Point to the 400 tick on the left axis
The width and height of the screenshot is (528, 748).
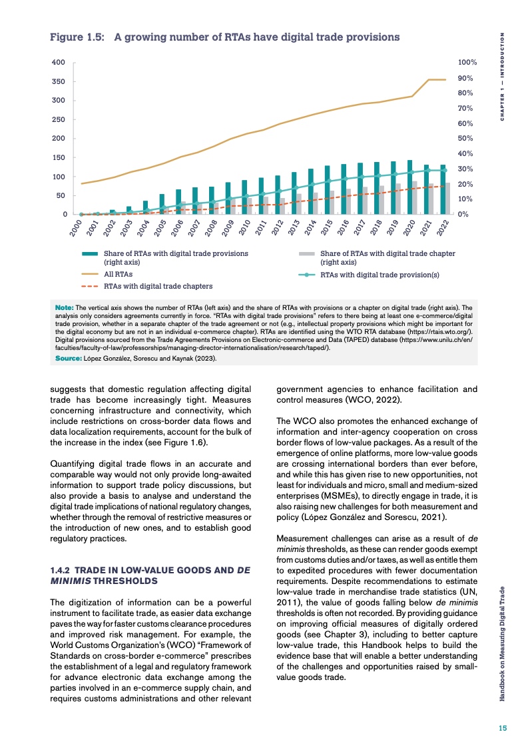click(59, 63)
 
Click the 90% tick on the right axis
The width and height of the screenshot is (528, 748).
click(468, 78)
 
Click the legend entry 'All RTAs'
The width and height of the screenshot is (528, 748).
click(119, 274)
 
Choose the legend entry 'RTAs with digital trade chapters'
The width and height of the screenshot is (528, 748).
click(158, 286)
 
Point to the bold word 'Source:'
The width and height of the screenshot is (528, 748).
click(68, 358)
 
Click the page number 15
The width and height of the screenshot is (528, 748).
click(504, 728)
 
